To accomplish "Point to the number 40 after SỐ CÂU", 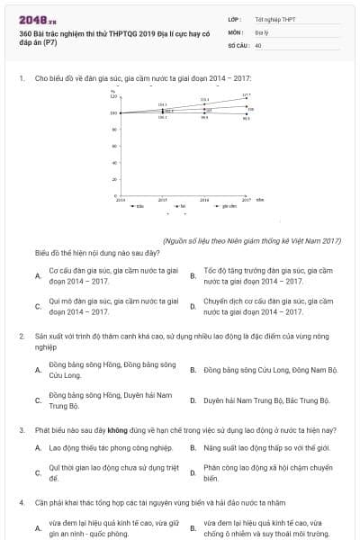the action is click(x=258, y=44).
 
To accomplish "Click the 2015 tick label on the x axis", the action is click(x=162, y=200).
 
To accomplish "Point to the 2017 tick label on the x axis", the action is click(x=246, y=200).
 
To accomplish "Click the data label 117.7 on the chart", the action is click(x=247, y=94).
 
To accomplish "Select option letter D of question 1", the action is click(x=193, y=307).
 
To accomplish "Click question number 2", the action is click(x=22, y=337).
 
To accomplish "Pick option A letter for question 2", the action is click(x=38, y=370).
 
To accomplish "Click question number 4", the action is click(x=22, y=502).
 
